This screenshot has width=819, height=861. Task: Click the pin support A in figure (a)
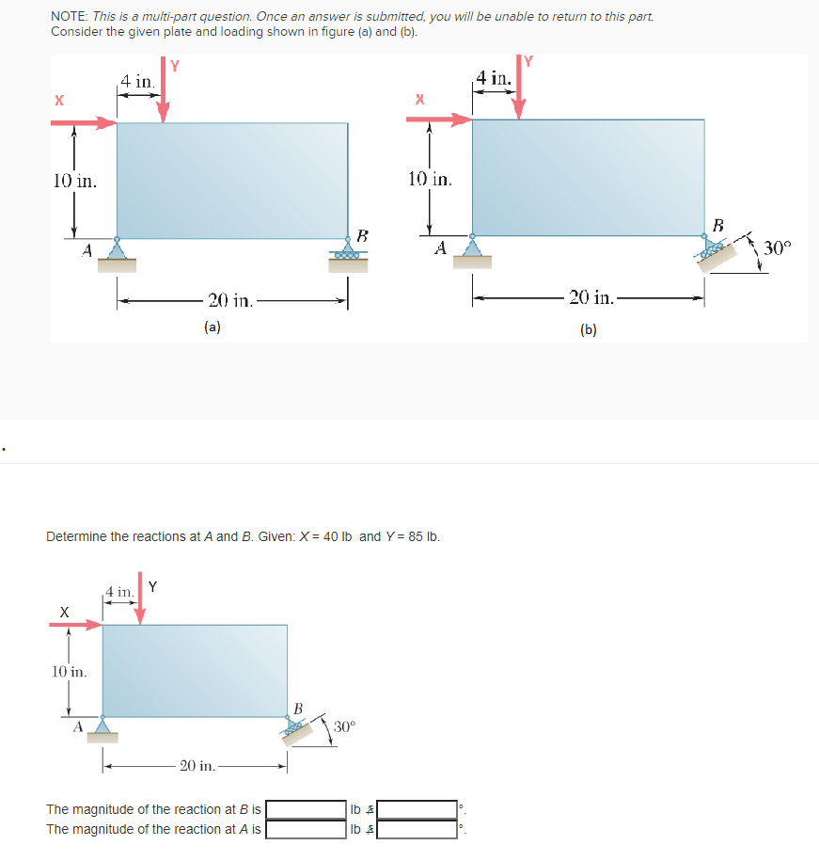(117, 250)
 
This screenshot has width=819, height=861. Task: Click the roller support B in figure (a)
(349, 252)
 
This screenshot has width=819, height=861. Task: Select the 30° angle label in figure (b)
(779, 248)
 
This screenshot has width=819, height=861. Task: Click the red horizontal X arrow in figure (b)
(438, 120)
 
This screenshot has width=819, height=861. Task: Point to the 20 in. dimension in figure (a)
(230, 301)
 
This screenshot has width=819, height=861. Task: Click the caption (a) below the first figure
(213, 327)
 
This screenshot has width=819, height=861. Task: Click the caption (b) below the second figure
(589, 328)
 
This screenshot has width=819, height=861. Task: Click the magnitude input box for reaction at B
(307, 809)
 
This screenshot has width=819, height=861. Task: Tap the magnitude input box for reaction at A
(307, 830)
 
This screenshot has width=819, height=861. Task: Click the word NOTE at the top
(69, 17)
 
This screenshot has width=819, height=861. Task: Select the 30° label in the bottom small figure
(344, 727)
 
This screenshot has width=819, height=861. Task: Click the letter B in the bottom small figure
(298, 707)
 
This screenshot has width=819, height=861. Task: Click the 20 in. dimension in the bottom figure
(197, 766)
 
